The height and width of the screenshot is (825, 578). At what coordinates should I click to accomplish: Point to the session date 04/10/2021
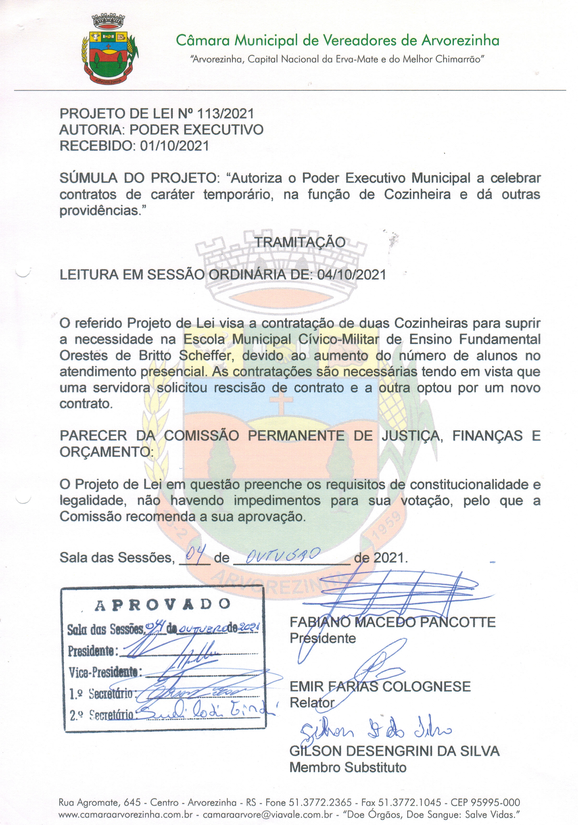[351, 275]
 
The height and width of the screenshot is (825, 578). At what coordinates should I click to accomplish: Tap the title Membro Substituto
[348, 767]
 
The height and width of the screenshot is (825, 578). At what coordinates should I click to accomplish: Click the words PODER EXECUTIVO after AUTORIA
[196, 130]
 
